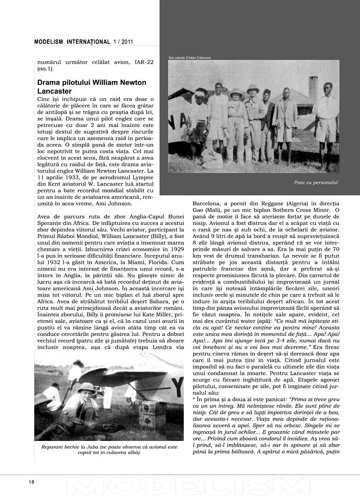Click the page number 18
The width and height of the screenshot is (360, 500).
click(x=31, y=481)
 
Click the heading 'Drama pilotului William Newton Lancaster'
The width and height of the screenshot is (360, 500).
click(x=91, y=87)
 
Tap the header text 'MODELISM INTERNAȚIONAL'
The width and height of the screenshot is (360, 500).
click(x=72, y=42)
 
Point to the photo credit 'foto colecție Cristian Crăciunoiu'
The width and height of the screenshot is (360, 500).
click(x=190, y=58)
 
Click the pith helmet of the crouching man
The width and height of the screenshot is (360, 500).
click(x=86, y=387)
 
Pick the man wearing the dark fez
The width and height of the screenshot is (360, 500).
click(x=267, y=117)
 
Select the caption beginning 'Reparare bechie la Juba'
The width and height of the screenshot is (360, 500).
click(x=109, y=449)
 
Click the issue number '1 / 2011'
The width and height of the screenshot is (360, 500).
click(x=123, y=42)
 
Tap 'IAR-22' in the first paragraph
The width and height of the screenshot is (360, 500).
click(x=142, y=62)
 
